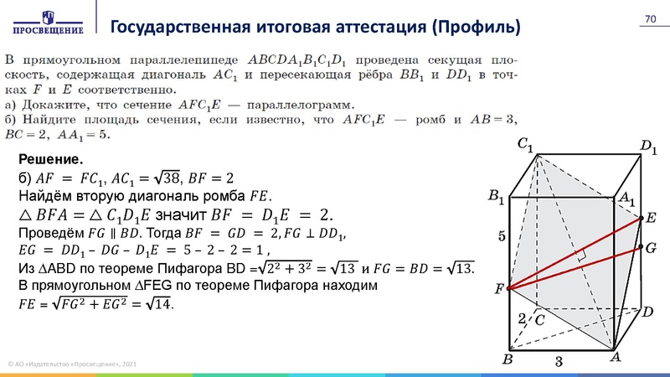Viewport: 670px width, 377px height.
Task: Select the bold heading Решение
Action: (x=49, y=159)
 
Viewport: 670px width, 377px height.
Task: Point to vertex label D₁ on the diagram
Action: (x=649, y=148)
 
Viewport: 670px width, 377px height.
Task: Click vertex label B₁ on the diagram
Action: (x=496, y=198)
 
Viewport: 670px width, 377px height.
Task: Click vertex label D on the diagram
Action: (x=647, y=312)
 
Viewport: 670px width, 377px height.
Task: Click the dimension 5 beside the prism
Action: (x=502, y=237)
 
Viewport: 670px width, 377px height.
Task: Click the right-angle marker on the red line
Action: (x=580, y=254)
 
